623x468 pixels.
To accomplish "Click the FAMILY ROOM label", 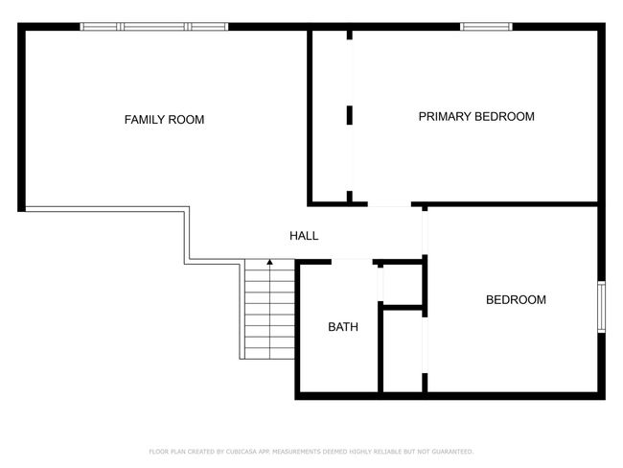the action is pyautogui.click(x=164, y=119).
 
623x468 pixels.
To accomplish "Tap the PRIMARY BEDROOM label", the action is pyautogui.click(x=476, y=116).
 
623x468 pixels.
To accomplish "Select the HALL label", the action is pyautogui.click(x=304, y=236).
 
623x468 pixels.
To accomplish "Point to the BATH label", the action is pyautogui.click(x=343, y=327).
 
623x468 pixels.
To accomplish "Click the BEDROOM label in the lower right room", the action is pyautogui.click(x=516, y=300).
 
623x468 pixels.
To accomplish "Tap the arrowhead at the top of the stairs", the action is pyautogui.click(x=269, y=262).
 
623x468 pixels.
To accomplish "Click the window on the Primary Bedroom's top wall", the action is pyautogui.click(x=486, y=27).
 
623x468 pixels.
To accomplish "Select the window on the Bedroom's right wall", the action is pyautogui.click(x=602, y=307).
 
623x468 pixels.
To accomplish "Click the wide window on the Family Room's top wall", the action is pyautogui.click(x=154, y=27).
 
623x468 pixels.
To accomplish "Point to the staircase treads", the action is pyautogui.click(x=269, y=310).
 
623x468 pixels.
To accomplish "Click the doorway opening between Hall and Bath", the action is pyautogui.click(x=352, y=262).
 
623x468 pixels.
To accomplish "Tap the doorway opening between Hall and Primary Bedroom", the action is pyautogui.click(x=389, y=204).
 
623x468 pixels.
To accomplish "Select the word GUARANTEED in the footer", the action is pyautogui.click(x=452, y=452).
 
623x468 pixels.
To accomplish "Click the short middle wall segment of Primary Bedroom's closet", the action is pyautogui.click(x=350, y=115).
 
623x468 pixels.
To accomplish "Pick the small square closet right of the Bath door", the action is pyautogui.click(x=403, y=285).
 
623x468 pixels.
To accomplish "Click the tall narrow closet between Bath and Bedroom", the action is pyautogui.click(x=403, y=351).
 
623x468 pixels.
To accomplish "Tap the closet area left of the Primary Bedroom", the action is pyautogui.click(x=330, y=116).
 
